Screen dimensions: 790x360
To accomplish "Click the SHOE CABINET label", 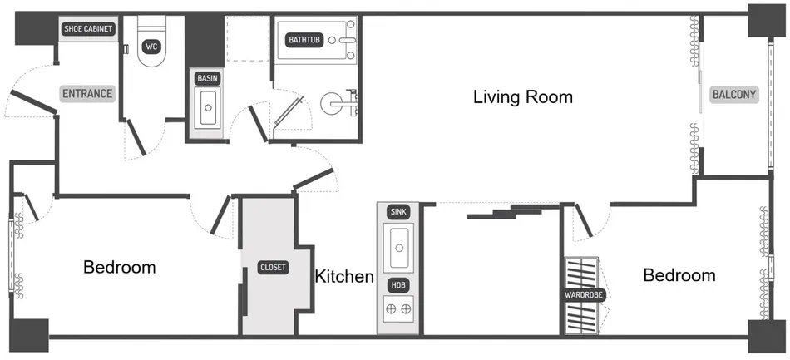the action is pos(88,29).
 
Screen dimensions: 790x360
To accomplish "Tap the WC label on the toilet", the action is pos(151,47).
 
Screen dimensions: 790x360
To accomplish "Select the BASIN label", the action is pos(208,78).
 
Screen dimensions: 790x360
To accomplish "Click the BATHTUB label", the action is pos(304,40).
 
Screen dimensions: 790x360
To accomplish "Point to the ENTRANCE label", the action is pos(87,94).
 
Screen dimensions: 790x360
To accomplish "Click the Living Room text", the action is pos(523,96).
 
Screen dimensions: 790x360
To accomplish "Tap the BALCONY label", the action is pos(733,95).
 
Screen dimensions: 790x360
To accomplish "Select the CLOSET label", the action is pos(274,268).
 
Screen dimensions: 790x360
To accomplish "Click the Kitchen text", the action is pos(344,276).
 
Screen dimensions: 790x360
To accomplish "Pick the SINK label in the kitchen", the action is pos(398,212).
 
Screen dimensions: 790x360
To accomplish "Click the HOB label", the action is pos(398,286).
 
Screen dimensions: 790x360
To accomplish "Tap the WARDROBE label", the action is pos(585,295).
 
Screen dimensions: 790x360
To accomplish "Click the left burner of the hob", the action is pos(391,309).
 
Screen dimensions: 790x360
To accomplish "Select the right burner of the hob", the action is pos(406,309).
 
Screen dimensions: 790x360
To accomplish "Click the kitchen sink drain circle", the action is pos(399,248).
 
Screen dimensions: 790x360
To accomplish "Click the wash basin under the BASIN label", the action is pos(208,108).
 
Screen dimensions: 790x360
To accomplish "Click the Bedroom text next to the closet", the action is pos(120,267).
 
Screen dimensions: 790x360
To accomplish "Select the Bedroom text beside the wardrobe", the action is pos(679,275).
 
